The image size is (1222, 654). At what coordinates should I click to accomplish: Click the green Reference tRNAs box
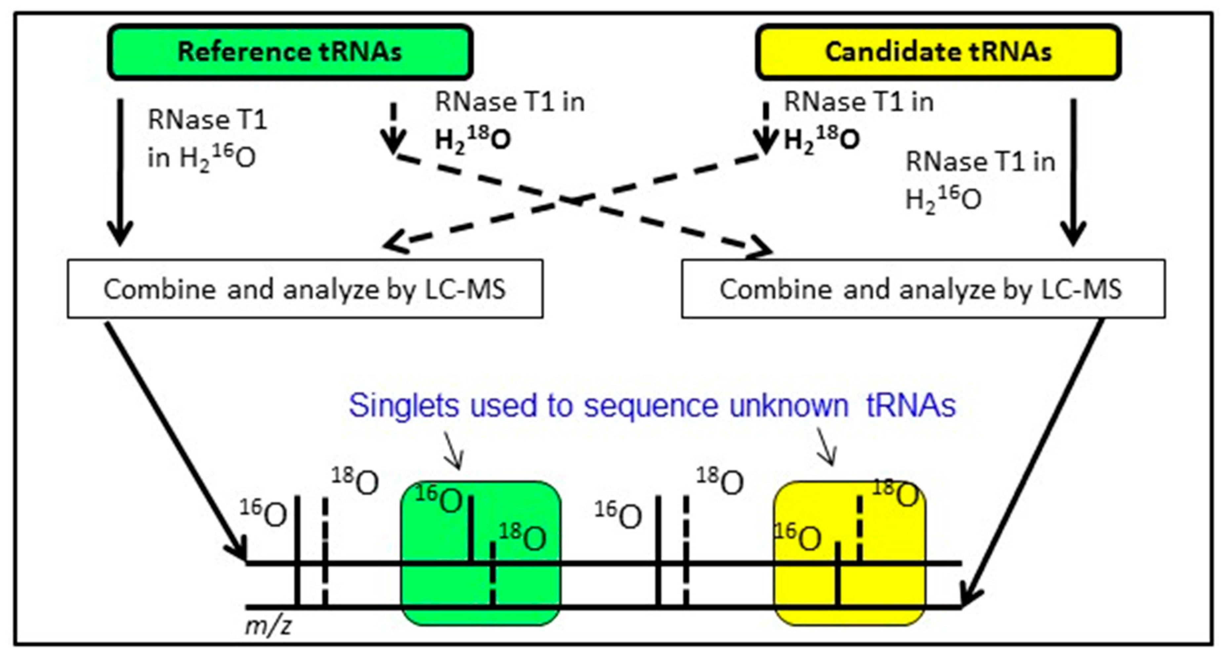coord(290,52)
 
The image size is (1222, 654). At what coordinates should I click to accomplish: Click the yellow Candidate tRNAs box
coord(938,52)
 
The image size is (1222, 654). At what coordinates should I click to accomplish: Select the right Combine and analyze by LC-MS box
coord(923,288)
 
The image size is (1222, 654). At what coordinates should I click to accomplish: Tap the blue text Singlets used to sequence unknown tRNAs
coord(652,406)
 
